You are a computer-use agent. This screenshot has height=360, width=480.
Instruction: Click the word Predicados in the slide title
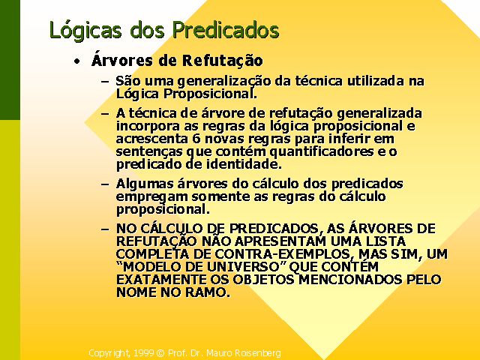(226, 30)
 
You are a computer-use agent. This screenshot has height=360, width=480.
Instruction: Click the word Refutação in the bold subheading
(223, 60)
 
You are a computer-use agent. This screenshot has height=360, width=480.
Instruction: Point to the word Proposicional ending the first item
(209, 94)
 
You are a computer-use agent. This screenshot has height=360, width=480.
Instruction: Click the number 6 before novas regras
(196, 139)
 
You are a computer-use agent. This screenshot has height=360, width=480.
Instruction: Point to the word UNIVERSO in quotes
(244, 267)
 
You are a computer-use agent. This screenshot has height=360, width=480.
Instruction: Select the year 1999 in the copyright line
(143, 353)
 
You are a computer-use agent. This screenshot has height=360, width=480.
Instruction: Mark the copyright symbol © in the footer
(160, 353)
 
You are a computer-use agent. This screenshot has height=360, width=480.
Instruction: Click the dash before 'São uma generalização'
(105, 82)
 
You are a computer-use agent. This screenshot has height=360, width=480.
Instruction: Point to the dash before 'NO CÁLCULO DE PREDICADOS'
(105, 229)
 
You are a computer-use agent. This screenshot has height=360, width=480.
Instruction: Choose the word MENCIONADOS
(350, 280)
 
